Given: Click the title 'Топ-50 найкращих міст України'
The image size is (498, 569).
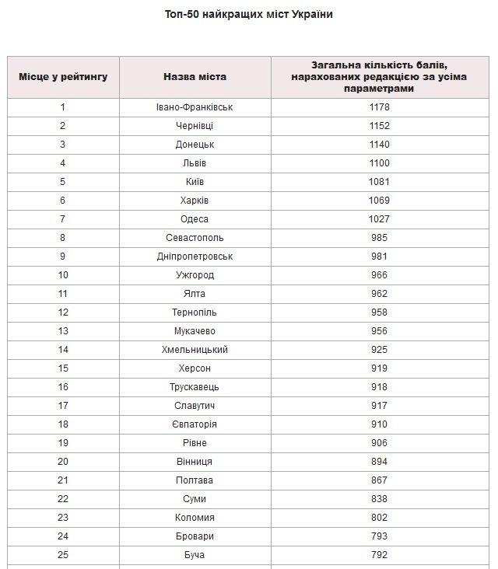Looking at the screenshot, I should pos(249,15).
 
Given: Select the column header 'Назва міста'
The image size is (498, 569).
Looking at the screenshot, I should pos(195,77).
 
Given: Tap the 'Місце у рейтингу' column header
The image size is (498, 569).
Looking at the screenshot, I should pos(63,77).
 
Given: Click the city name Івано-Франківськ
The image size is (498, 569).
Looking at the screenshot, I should pos(195,107).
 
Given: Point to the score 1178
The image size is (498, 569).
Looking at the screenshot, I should pos(380,107).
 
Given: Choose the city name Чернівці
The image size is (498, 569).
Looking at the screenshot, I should pos(195,126).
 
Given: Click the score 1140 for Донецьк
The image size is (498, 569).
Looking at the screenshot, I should pos(380,145).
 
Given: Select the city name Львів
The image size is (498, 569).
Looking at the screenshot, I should pos(195,163).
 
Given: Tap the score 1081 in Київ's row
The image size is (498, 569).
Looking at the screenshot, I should pos(380,182).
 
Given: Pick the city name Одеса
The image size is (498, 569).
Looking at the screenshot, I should pos(195,219).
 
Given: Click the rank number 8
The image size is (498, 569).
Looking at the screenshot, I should pos(63,238).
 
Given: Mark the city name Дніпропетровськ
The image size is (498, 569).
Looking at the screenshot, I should pos(195,257).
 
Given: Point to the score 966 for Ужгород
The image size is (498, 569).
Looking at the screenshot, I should pos(380,275).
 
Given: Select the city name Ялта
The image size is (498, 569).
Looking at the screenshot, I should pos(195,294).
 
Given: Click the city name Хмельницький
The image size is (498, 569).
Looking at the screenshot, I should pos(195,350).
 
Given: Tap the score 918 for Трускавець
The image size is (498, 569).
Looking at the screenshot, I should pos(380,387).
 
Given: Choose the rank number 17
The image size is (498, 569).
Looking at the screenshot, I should pos(63,406).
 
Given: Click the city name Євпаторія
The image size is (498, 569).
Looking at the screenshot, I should pos(195,424).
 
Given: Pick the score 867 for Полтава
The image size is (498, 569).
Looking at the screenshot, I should pos(380,480).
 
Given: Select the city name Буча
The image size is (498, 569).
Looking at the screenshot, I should pos(195,555).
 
